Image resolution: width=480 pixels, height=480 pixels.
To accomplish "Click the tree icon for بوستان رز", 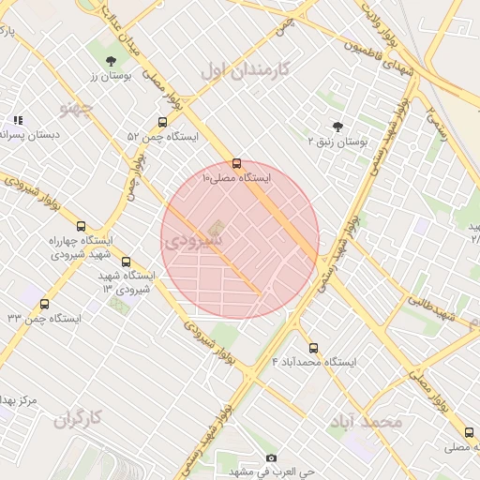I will tap(112, 60).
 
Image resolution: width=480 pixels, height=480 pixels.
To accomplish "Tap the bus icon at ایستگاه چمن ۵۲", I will tap(163, 122).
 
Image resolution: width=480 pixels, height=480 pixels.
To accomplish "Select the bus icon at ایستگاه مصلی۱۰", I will tap(236, 162).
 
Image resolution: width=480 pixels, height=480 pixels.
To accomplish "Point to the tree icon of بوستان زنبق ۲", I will tap(337, 126).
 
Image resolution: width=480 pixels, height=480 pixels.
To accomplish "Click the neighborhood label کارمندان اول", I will tap(247, 69).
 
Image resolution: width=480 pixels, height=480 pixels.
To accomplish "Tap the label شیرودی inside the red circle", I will tap(193, 241).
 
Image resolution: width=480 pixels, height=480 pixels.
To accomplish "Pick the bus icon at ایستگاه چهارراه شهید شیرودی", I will tap(81, 226).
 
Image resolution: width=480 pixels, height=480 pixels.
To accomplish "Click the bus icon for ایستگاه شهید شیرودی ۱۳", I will tap(127, 263).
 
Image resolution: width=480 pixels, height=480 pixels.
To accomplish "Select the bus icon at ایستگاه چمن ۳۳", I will tap(45, 304).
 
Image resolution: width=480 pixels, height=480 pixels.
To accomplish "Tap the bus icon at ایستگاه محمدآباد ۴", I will tap(313, 348).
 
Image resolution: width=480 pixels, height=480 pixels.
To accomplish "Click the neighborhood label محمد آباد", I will tap(365, 422).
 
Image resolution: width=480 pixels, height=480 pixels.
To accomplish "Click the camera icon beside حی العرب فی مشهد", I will tap(272, 458).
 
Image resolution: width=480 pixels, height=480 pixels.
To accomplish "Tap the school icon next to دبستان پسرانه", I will tap(18, 120).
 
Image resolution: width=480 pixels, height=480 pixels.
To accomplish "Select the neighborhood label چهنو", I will tap(77, 110).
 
